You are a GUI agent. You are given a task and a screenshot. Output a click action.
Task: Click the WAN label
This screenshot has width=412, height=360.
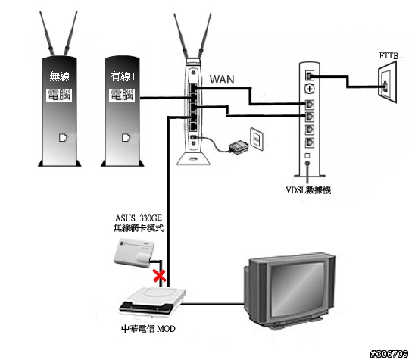[222, 79]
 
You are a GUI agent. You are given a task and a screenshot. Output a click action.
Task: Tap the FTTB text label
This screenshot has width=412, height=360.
[389, 56]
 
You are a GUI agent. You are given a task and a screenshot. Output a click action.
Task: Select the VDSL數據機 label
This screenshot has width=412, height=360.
[308, 190]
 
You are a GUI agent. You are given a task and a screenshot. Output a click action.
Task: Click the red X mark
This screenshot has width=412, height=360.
[160, 276]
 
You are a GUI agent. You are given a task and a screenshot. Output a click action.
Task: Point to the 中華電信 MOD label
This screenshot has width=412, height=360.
[148, 329]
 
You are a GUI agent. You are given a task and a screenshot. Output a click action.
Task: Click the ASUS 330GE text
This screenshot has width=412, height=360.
[139, 218]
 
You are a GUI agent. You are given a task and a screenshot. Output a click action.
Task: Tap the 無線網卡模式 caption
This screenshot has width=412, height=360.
[139, 227]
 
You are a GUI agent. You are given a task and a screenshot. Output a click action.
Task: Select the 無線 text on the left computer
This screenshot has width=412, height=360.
[60, 77]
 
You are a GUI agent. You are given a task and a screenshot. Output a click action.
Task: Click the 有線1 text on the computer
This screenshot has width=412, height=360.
[123, 77]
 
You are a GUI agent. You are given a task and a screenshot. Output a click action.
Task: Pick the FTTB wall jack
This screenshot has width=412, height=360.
[387, 82]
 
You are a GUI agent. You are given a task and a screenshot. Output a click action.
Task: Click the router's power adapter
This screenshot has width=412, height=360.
[239, 146]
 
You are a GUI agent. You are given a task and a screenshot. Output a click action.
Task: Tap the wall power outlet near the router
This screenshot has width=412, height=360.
[257, 139]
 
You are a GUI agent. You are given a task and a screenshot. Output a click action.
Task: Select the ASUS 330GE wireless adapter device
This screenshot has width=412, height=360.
[133, 252]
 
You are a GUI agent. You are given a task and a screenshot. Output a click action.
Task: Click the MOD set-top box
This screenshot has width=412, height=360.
[152, 301]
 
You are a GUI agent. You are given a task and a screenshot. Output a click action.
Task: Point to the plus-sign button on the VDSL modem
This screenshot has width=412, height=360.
[310, 89]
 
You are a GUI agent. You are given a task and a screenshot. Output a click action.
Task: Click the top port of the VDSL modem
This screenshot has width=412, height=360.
[310, 76]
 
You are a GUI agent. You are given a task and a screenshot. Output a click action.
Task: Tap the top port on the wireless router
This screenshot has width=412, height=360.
[193, 87]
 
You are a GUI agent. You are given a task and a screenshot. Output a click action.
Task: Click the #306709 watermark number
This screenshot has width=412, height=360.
[389, 354]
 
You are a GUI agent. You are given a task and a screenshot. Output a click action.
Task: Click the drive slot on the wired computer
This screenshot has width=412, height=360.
[126, 137]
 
